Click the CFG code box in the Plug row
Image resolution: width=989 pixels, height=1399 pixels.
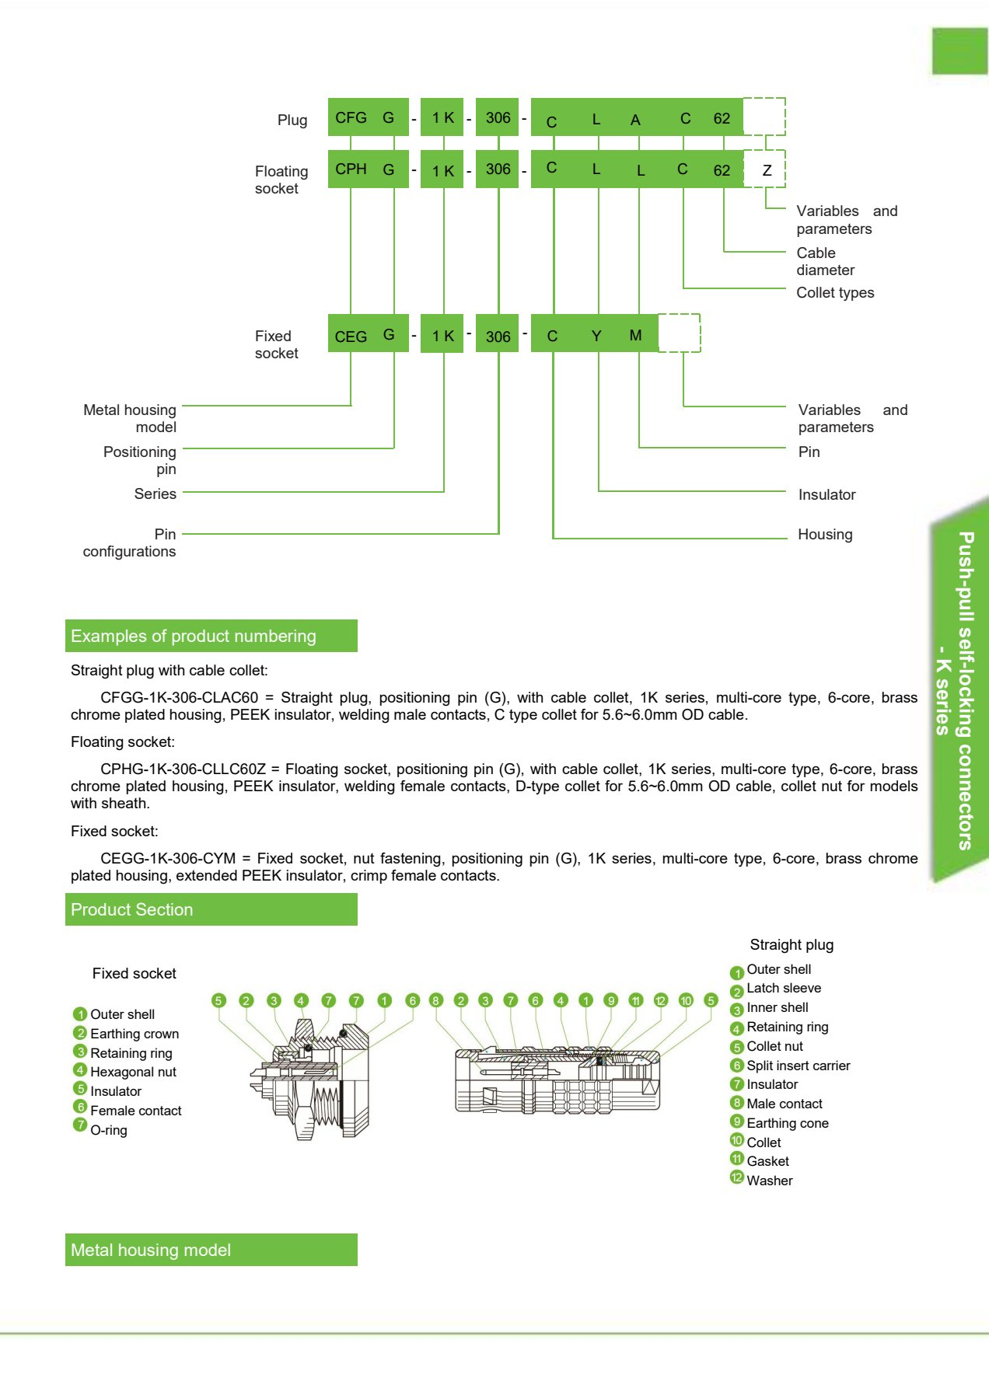coord(351,117)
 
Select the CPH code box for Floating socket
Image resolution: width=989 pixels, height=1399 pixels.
coord(351,169)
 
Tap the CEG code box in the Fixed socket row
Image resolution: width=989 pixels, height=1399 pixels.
coord(351,336)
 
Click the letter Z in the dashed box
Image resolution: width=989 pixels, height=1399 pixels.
coord(767,170)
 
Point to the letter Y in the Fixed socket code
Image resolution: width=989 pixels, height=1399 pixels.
coord(596,336)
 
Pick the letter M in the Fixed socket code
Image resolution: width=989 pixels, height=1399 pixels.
coord(635,335)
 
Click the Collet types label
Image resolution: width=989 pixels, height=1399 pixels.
coord(835,292)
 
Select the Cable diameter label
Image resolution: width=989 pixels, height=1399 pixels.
coord(825,261)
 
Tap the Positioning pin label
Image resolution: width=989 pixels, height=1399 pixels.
coord(140,460)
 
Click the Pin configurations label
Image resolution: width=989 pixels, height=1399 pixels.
coord(130,543)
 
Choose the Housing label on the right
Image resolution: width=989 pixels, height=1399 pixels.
coord(825,534)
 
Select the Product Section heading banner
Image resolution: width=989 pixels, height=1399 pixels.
coord(211,909)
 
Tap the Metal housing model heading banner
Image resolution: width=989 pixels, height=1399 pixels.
coord(211,1250)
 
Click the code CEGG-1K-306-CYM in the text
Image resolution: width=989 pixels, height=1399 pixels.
coord(168,858)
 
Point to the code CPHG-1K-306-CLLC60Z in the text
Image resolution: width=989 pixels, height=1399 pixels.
coord(183,769)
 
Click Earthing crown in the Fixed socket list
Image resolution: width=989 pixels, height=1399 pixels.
coord(135,1034)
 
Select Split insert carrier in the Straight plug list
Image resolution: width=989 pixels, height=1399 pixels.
coord(799,1066)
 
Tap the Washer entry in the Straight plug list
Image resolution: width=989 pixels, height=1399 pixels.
coord(770,1181)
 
